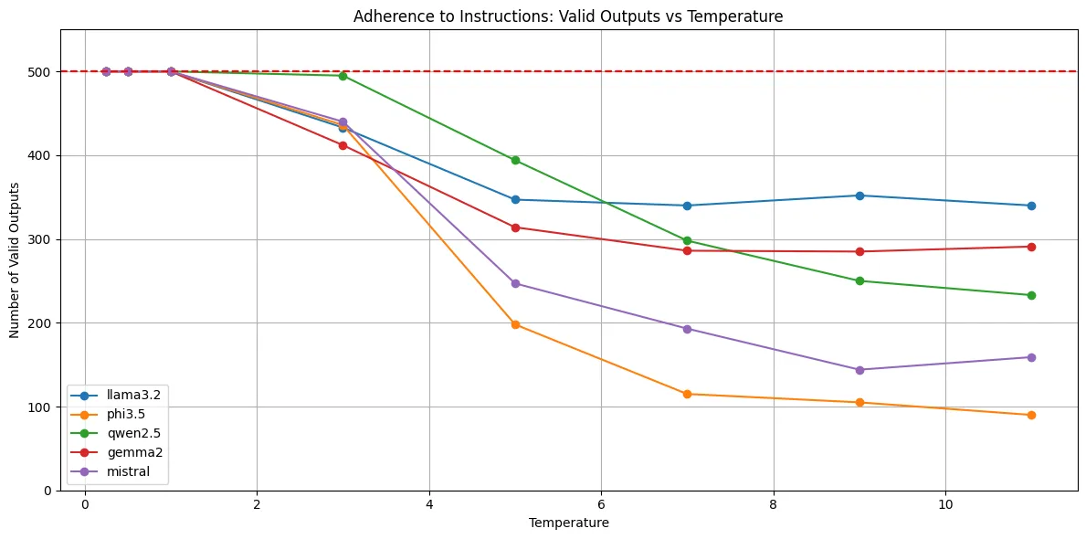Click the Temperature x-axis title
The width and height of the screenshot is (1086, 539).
tap(568, 523)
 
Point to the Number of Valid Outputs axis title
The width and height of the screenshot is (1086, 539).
tap(16, 259)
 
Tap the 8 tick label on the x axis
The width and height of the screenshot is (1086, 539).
tap(773, 504)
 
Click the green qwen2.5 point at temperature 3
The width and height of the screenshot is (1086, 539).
tap(343, 76)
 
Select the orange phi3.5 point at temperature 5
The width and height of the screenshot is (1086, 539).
tap(515, 324)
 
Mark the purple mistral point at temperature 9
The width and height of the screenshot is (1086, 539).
tap(859, 370)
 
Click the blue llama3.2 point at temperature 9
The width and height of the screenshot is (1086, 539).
tap(859, 196)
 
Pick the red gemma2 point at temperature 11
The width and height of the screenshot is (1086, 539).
tap(1031, 247)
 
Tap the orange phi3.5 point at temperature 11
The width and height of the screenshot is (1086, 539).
tap(1031, 415)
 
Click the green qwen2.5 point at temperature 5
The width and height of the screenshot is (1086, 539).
tap(515, 160)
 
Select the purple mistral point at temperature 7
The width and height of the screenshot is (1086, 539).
tap(687, 329)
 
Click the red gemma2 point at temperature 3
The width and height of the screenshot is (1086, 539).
tap(343, 145)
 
